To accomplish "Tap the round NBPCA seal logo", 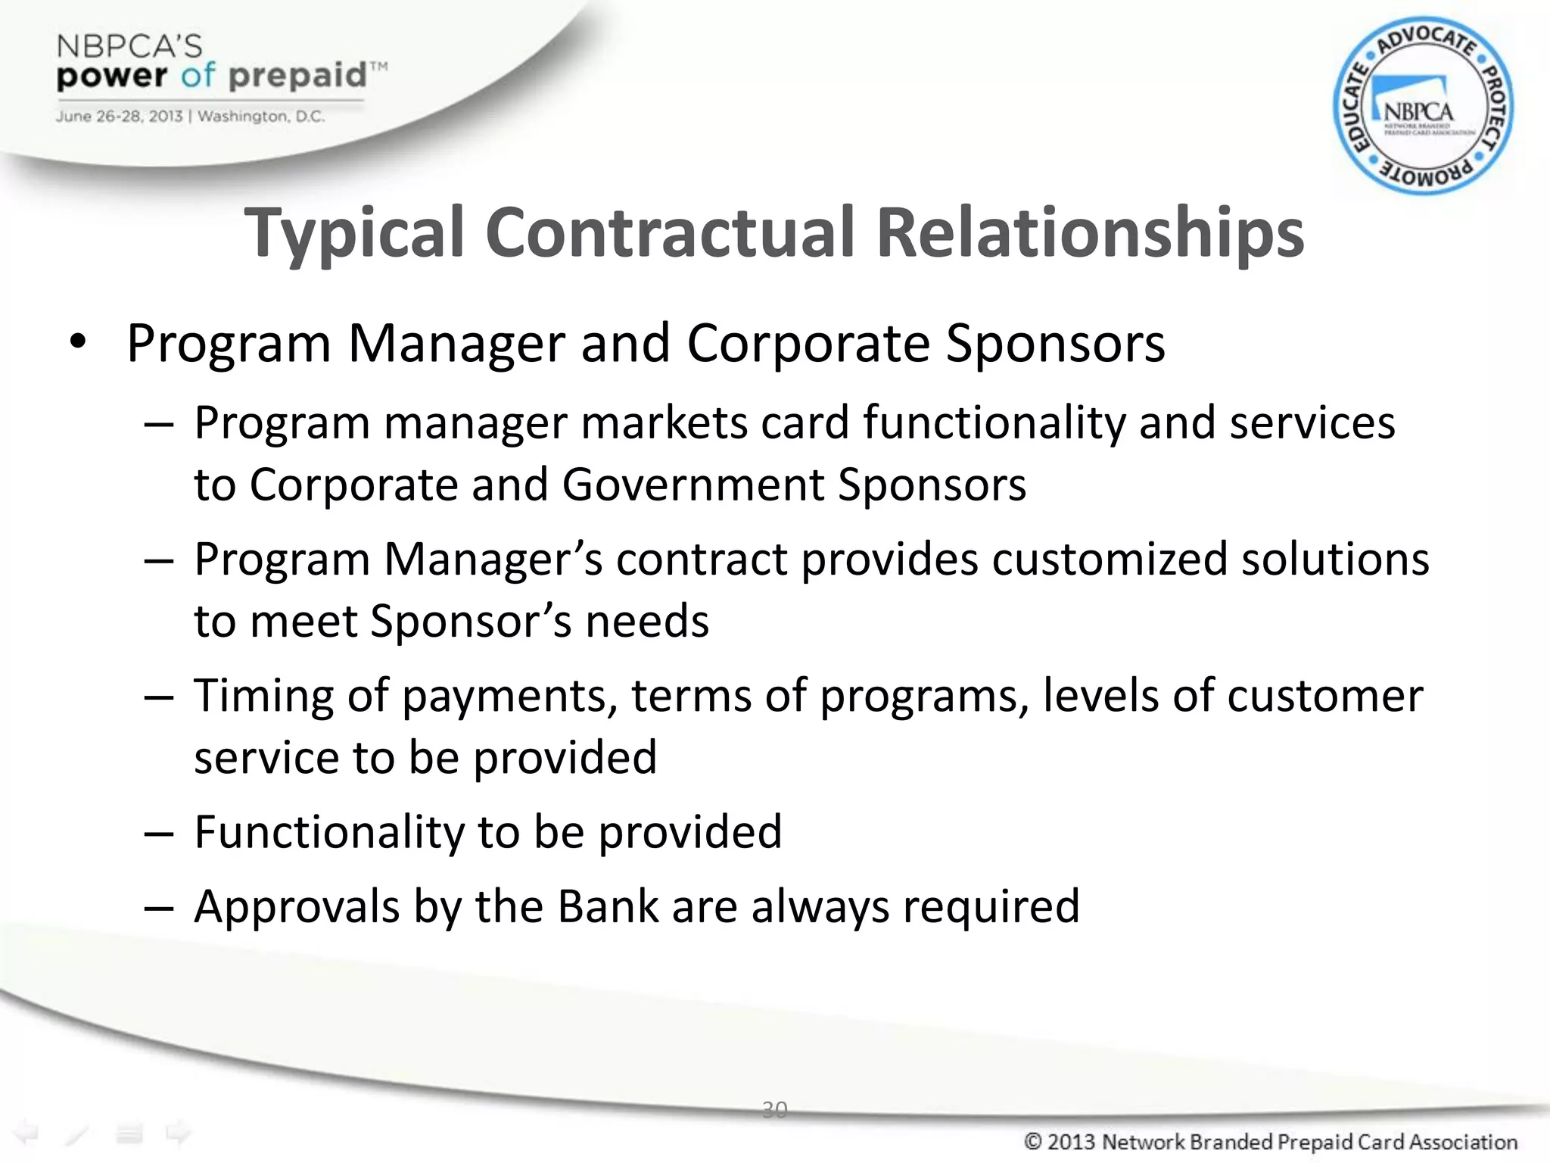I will (x=1423, y=106).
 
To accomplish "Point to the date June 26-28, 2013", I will (x=119, y=117).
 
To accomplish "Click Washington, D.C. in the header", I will (x=261, y=117).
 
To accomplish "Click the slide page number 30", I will (x=774, y=1110).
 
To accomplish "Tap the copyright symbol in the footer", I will (x=1033, y=1142).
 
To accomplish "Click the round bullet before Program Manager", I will (x=78, y=343).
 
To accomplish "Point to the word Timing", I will (x=263, y=697).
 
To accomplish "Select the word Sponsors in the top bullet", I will (x=1055, y=344).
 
